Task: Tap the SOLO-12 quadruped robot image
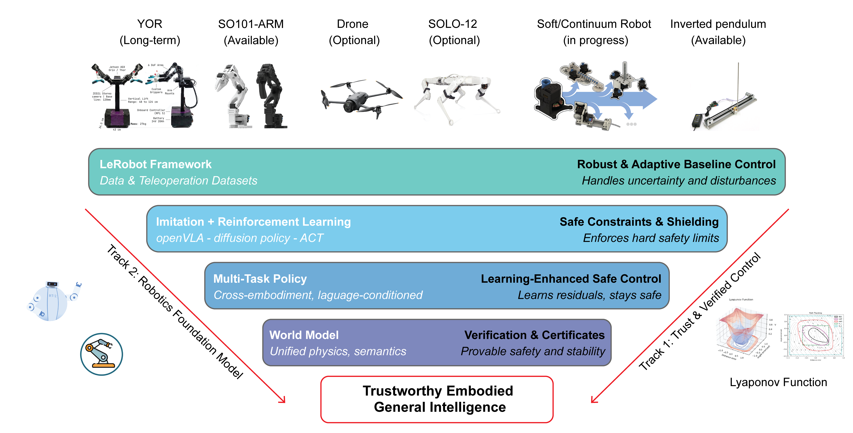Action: pos(457,98)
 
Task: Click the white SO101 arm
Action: pos(232,96)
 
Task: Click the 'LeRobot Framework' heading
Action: pos(156,164)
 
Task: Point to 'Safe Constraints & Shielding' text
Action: pos(639,222)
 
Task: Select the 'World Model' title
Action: pos(304,335)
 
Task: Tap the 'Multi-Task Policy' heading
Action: pos(260,279)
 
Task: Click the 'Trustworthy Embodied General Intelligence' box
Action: pos(437,399)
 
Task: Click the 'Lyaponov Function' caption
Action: pos(778,382)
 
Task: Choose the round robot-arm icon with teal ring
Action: pos(102,354)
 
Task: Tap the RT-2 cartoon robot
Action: pos(53,301)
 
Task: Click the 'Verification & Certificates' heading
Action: pos(534,335)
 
